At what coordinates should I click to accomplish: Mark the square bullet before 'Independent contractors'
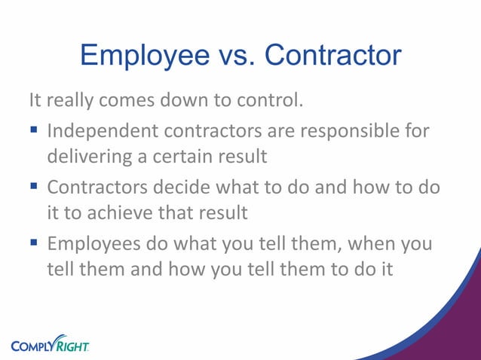point(34,132)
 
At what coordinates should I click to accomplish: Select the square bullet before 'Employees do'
point(34,244)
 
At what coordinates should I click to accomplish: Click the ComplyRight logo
point(50,343)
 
